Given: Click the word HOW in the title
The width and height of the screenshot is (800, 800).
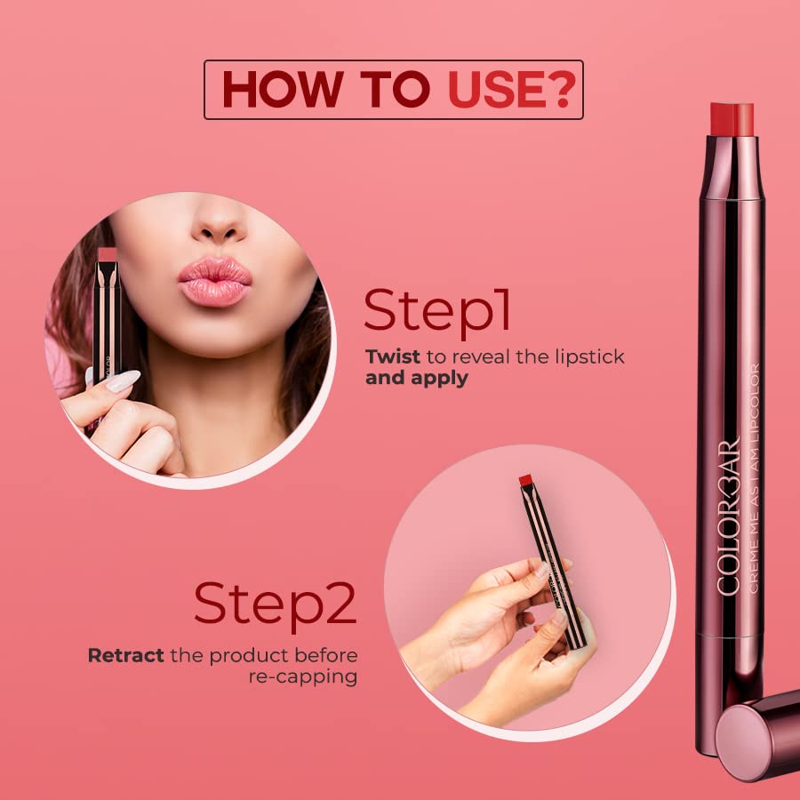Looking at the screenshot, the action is pos(283,89).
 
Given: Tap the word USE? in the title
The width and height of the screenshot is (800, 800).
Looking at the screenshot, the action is pos(512,89).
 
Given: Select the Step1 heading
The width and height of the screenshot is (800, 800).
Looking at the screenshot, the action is pos(437,311).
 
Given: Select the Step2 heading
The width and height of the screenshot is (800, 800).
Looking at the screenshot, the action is pos(275,604).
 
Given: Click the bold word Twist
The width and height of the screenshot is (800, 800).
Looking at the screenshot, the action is pos(392,356).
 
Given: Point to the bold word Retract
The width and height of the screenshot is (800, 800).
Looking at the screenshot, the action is pos(125,655).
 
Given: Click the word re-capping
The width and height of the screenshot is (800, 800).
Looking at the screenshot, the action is pos(302,677).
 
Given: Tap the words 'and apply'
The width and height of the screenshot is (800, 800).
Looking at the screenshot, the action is pos(416,378).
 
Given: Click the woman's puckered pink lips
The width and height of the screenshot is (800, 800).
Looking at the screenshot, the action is pos(215,281).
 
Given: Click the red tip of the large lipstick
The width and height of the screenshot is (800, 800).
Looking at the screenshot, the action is pos(732,119).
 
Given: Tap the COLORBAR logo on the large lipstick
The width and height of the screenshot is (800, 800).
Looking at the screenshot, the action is pos(729,516).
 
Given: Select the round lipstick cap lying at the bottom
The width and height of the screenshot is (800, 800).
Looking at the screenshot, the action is pos(756,736).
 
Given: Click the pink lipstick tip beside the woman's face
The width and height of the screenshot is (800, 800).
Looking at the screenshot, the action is pos(108,254).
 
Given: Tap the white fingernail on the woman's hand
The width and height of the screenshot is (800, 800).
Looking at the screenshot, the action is pos(123,380).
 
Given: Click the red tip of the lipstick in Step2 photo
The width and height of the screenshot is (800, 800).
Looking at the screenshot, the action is pos(525,480).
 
